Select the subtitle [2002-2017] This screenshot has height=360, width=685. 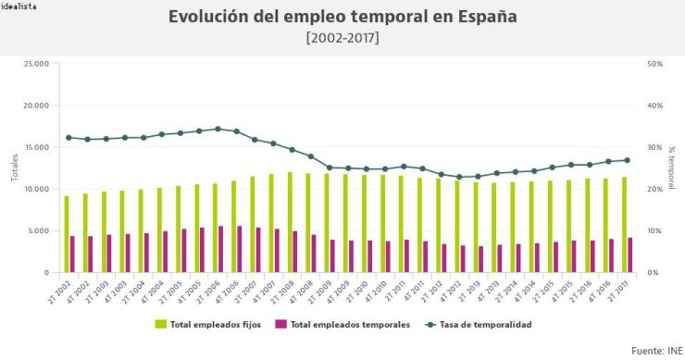[x=342, y=38]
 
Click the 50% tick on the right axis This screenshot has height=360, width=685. [x=654, y=64]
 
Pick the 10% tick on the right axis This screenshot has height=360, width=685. [x=654, y=230]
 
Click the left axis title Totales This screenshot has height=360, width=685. [x=15, y=168]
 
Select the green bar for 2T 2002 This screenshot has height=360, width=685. [x=67, y=234]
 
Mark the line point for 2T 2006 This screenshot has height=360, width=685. [x=218, y=129]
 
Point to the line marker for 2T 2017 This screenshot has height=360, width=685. [x=627, y=160]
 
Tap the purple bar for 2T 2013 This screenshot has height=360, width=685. [x=481, y=259]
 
